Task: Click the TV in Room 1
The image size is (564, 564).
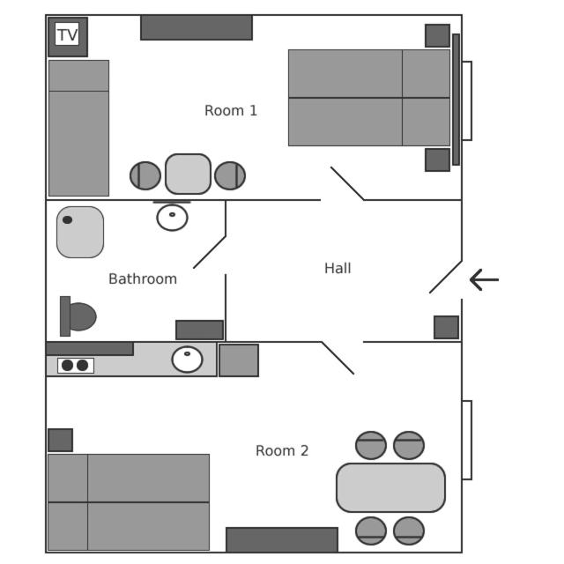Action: tap(67, 35)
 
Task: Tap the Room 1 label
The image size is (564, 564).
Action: tap(231, 111)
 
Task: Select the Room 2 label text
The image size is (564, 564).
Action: tap(282, 451)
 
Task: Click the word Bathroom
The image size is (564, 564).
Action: tap(143, 279)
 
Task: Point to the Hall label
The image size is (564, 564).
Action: tap(338, 269)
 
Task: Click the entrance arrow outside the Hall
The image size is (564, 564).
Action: tap(485, 280)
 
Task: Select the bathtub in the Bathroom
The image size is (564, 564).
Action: tap(80, 232)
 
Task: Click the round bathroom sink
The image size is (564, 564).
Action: tap(172, 217)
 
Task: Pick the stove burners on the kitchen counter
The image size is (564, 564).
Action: tap(75, 366)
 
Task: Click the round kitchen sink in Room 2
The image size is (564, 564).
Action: tap(187, 360)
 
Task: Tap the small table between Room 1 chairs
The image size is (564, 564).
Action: tap(188, 174)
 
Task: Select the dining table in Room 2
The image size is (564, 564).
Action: tap(390, 487)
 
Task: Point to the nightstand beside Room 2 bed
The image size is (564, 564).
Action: tap(60, 440)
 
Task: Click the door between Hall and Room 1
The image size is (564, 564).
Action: tap(347, 183)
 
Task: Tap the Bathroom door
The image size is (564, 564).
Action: tap(210, 251)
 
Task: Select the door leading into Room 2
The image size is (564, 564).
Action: tap(338, 358)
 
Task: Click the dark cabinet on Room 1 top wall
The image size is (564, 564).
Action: tap(197, 27)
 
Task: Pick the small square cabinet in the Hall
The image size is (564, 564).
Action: tap(446, 327)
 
